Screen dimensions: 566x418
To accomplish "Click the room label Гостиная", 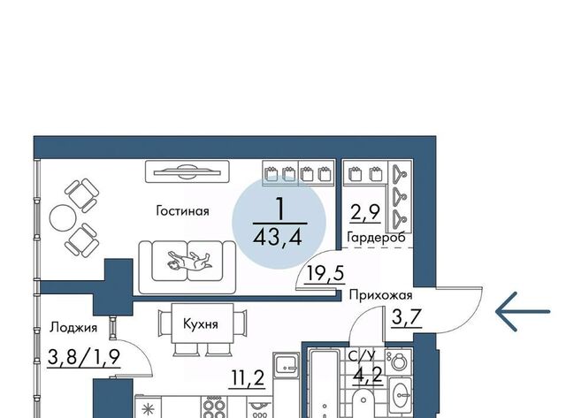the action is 182,210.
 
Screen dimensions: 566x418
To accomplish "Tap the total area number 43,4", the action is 278,238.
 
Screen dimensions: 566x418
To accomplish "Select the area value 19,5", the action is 325,273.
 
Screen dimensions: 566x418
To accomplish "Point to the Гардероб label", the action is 376,238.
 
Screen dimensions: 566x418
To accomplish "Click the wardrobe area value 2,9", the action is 365,212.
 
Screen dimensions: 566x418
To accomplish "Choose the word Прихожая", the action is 380,295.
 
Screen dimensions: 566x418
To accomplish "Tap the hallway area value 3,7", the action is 407,317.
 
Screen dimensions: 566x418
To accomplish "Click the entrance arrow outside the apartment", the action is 523,312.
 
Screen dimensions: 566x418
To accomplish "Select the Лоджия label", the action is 73,328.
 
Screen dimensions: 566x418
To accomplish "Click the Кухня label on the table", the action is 201,323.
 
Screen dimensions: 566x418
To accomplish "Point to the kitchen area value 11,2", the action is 248,378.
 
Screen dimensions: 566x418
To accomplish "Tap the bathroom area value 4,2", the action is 368,375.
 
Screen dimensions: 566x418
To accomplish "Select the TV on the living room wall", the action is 187,171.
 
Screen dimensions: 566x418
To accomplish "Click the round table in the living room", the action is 63,217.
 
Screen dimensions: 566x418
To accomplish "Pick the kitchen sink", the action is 287,364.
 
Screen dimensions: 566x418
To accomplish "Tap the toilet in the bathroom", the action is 399,361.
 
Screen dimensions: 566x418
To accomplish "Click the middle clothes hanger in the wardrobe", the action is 399,195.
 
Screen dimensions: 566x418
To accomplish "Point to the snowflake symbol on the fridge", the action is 148,410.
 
